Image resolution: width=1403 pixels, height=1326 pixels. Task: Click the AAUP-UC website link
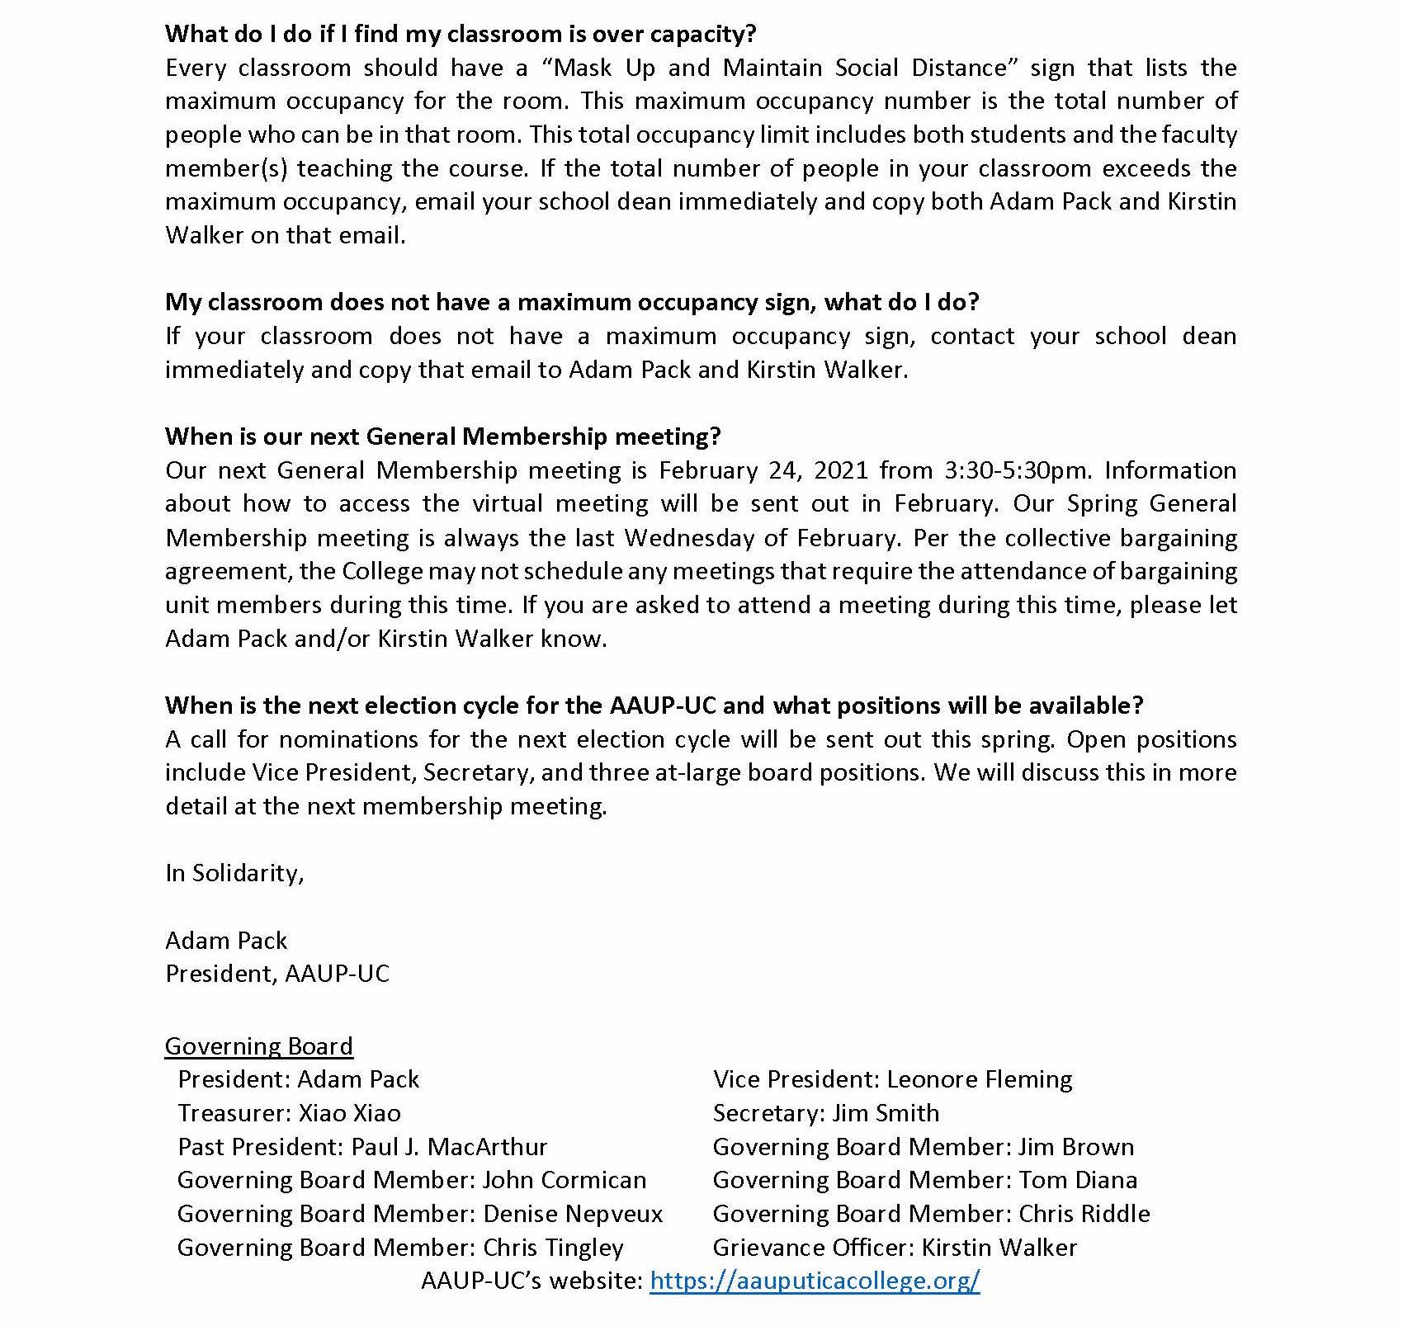[x=815, y=1281]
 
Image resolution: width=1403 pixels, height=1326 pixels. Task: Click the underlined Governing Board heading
[x=259, y=1045]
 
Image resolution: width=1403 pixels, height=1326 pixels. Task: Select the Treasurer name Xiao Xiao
[x=349, y=1113]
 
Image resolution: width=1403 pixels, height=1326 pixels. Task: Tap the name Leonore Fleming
[x=980, y=1079]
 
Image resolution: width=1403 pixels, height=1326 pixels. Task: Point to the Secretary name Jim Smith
[x=886, y=1113]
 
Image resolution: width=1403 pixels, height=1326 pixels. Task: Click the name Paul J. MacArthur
[x=450, y=1147]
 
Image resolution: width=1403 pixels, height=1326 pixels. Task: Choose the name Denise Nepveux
[x=573, y=1214]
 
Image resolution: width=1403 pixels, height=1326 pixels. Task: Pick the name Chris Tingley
[x=553, y=1248]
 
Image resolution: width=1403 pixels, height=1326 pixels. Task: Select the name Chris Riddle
[x=1084, y=1214]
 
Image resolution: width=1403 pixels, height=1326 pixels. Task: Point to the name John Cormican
[x=565, y=1180]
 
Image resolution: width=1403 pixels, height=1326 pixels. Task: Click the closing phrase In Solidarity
[x=234, y=873]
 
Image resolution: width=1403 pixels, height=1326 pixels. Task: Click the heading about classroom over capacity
[x=461, y=34]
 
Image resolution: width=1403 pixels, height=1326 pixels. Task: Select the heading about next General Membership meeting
[x=443, y=436]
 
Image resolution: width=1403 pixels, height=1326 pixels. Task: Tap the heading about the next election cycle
[x=654, y=705]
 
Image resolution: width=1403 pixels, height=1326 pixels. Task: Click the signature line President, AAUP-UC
[x=277, y=974]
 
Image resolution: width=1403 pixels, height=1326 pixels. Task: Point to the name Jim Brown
[x=1076, y=1147]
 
